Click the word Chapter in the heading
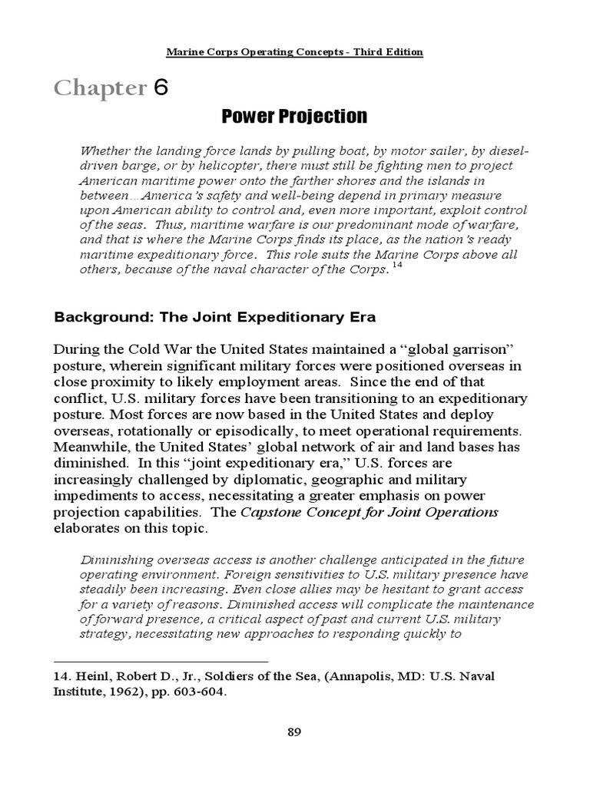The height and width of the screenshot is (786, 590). (99, 89)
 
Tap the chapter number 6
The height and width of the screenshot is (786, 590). (160, 88)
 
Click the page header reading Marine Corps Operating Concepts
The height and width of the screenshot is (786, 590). (294, 52)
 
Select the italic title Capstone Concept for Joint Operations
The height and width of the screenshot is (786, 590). (370, 512)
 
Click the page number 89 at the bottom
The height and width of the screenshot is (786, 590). (294, 732)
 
